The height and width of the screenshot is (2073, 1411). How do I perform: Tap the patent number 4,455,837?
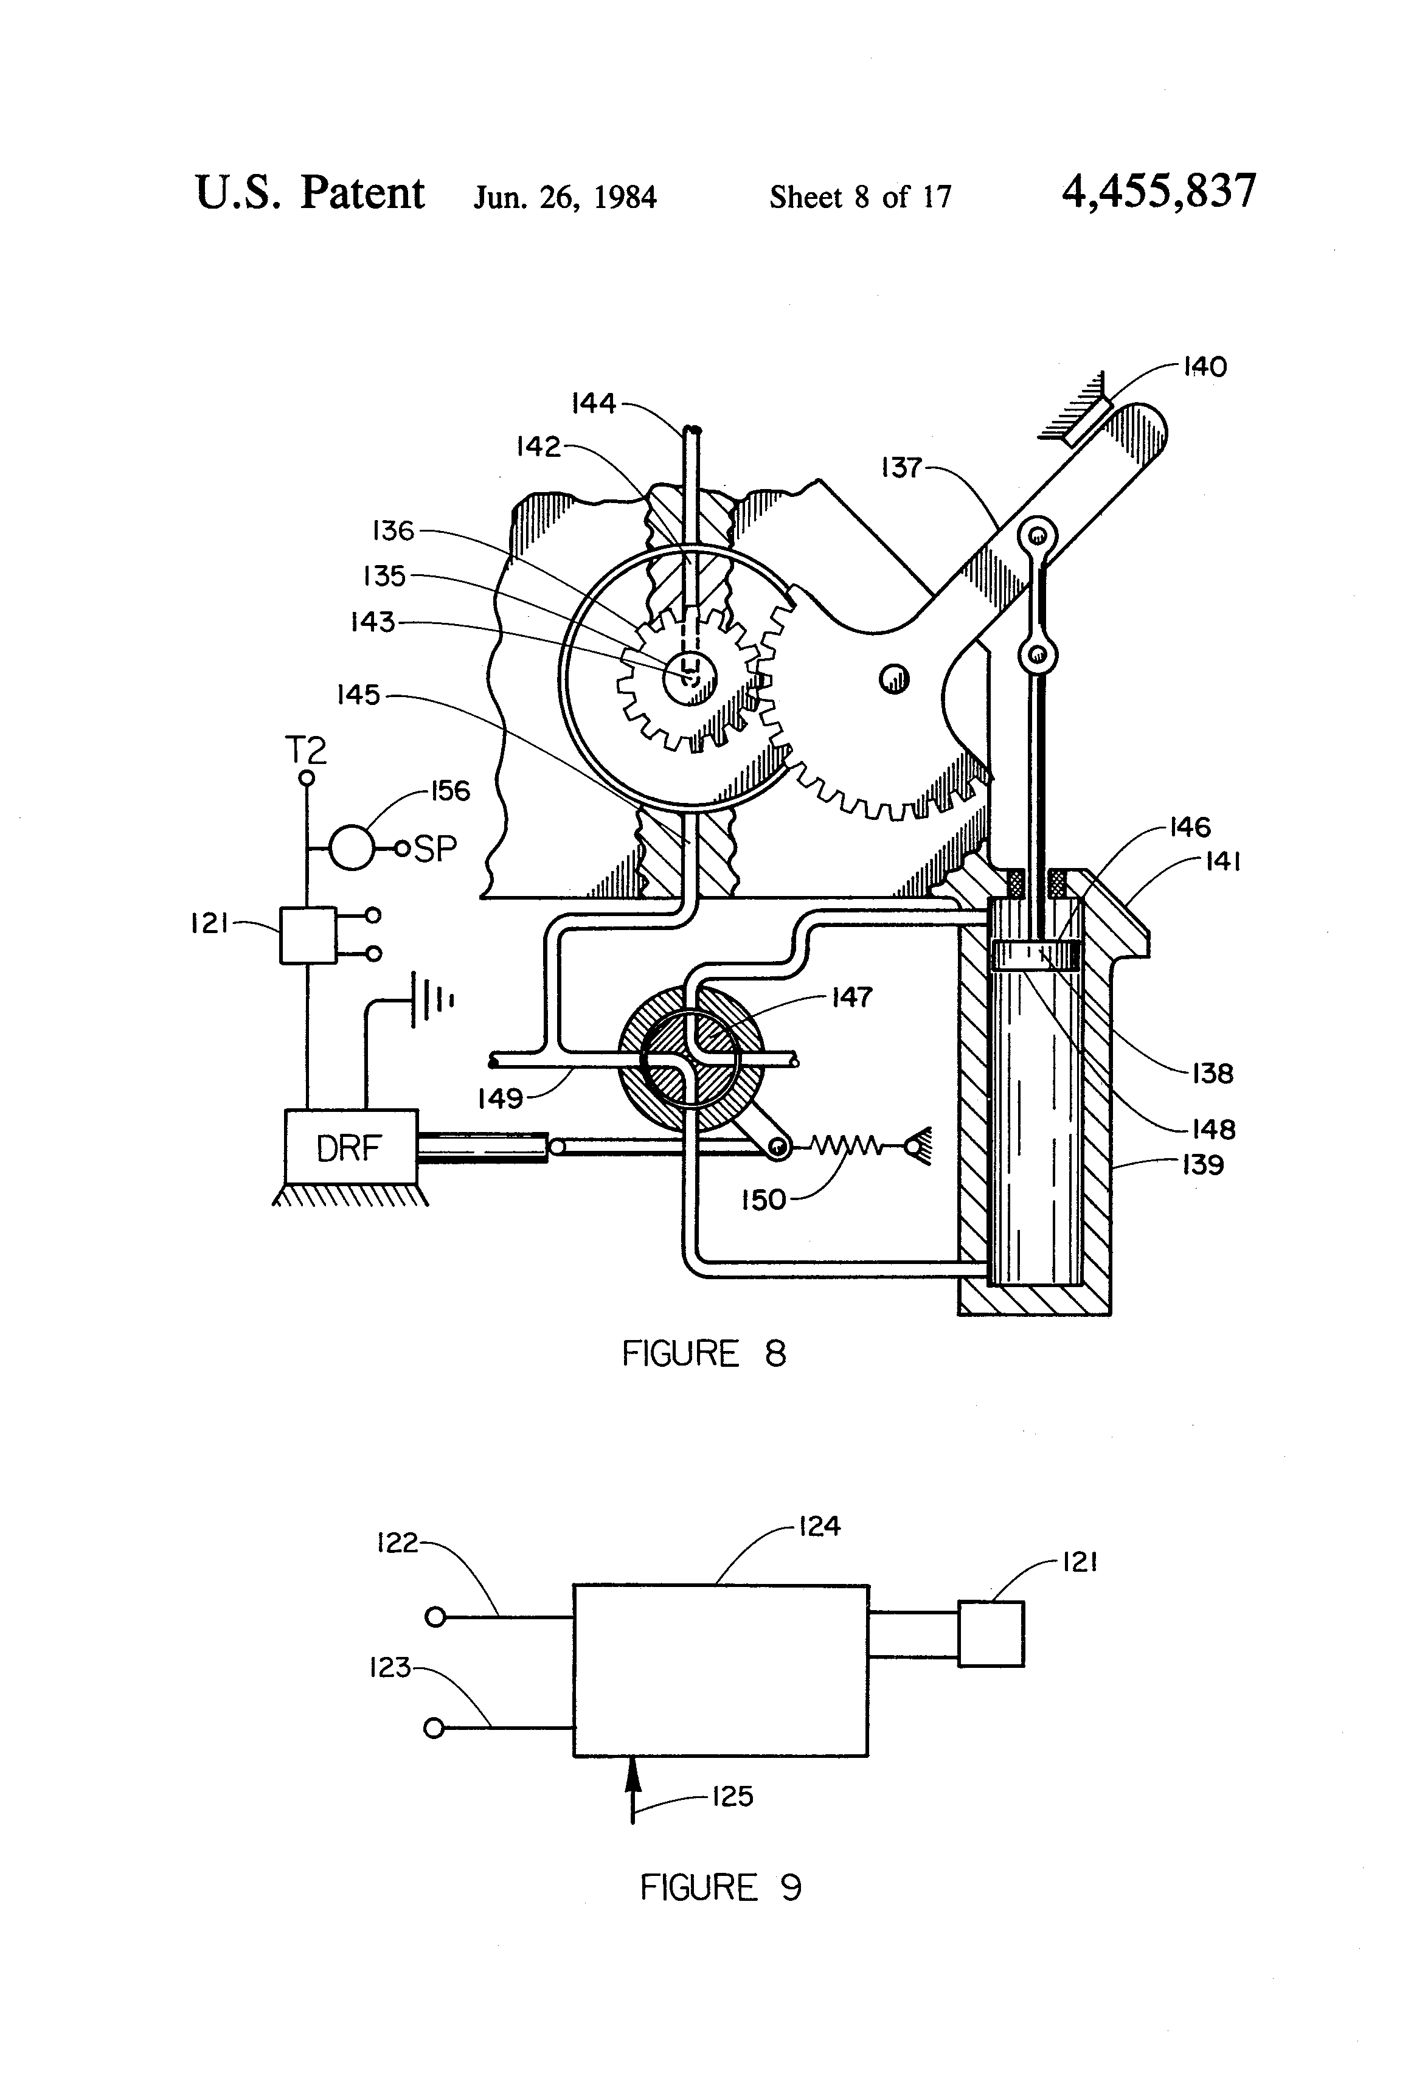pos(1159,192)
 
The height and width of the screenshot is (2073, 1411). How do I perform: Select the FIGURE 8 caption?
pos(704,1354)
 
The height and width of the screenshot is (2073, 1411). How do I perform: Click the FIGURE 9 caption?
pos(721,1887)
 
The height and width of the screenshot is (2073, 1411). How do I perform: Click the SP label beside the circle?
pos(436,849)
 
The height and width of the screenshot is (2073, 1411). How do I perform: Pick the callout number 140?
pos(1204,367)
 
